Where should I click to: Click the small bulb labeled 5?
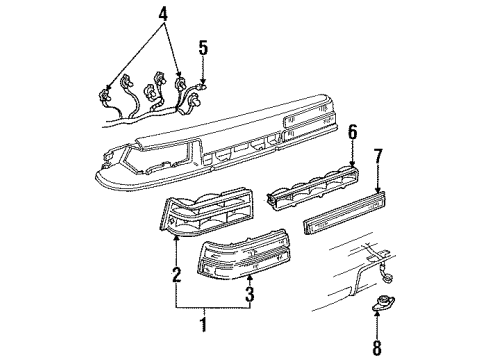pos(203,88)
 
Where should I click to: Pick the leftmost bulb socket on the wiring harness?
pos(104,97)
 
